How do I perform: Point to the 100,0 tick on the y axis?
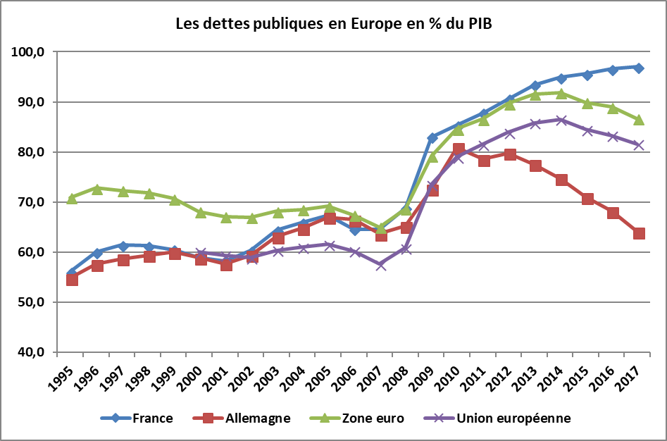29,52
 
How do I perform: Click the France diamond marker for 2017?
638,68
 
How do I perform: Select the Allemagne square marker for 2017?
638,233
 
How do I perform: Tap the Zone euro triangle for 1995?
72,198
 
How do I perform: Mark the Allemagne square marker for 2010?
459,149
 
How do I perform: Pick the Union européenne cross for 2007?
381,265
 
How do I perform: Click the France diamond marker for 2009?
432,137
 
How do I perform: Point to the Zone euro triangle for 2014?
561,94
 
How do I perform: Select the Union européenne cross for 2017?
638,145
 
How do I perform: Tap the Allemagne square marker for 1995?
72,280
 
